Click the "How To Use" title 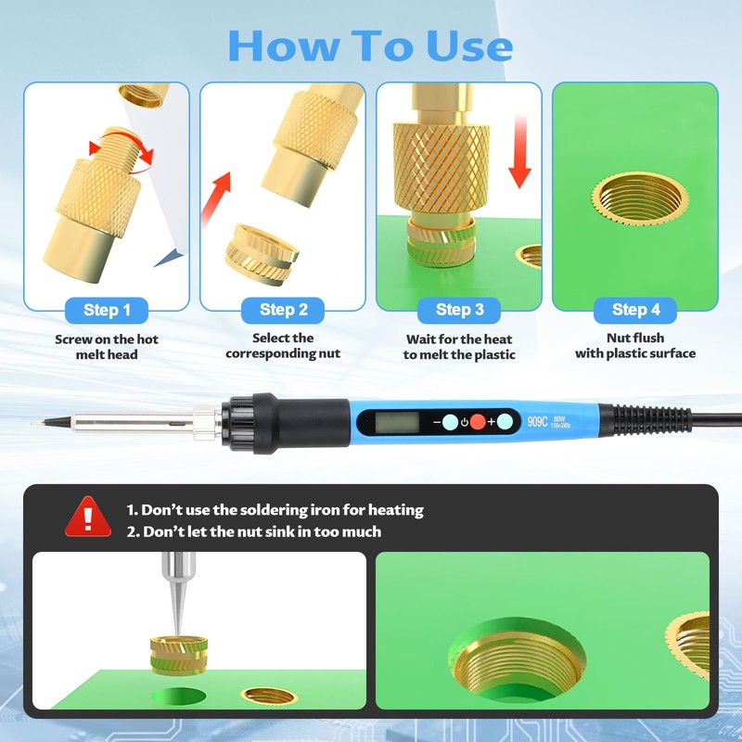370,45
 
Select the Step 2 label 283,310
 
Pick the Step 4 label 635,310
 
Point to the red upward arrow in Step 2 217,198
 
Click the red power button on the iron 477,422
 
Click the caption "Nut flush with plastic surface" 635,346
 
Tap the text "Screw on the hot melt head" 107,347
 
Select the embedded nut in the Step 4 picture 640,198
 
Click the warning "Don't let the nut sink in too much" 254,531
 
